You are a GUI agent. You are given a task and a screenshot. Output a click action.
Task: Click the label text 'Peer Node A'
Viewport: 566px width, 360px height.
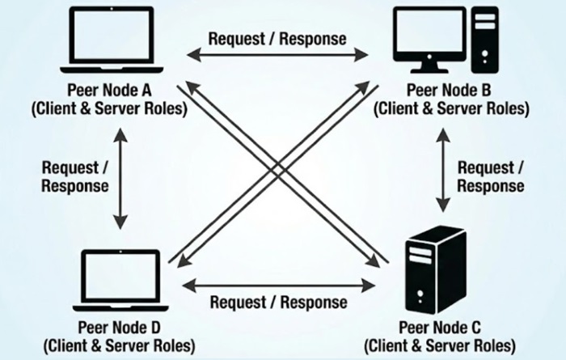click(x=118, y=91)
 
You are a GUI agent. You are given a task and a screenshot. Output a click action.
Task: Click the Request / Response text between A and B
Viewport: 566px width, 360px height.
click(x=277, y=38)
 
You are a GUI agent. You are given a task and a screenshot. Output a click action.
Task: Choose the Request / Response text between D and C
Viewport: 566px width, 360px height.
click(x=278, y=302)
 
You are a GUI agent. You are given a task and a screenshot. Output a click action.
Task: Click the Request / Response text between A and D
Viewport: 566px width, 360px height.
click(x=75, y=176)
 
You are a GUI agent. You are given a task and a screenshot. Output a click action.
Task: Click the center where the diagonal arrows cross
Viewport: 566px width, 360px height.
click(x=279, y=172)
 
